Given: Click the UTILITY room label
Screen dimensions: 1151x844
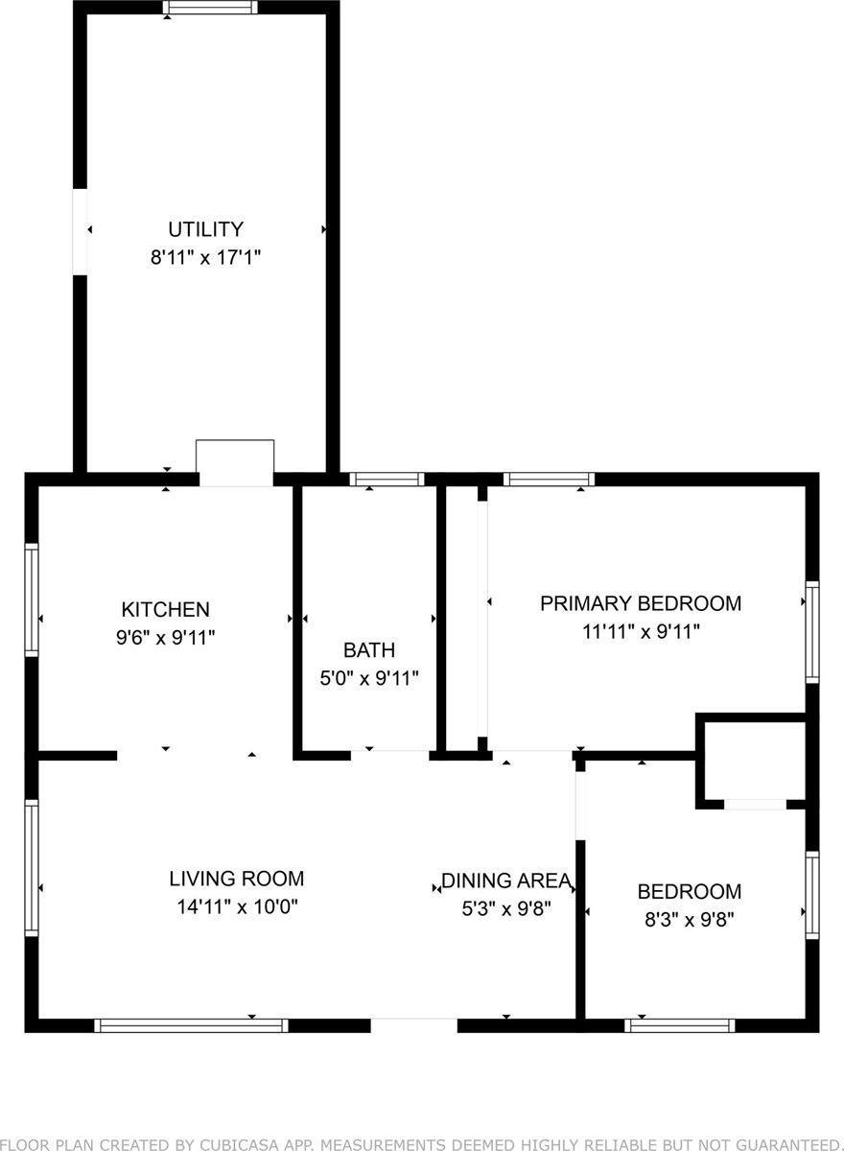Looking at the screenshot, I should (x=205, y=229).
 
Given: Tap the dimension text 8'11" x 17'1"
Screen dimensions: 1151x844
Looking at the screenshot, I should (x=205, y=257).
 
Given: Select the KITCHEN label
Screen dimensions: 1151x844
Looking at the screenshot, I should (x=165, y=609).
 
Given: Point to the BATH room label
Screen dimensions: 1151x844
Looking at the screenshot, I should (x=369, y=650).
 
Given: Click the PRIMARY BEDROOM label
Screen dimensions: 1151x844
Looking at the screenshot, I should (x=640, y=603).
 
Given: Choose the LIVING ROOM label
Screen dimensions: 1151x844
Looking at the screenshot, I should (x=236, y=878).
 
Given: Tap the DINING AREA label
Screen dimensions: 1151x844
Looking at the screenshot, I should (x=506, y=881).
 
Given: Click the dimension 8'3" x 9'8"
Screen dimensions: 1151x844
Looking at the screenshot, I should (x=689, y=918).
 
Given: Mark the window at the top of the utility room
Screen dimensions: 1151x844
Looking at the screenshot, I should (x=210, y=8).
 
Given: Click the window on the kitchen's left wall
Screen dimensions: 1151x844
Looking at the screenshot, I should (x=32, y=599).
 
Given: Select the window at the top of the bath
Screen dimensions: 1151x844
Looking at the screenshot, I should (x=387, y=479).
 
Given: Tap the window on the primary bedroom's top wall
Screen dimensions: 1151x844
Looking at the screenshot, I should (x=549, y=479).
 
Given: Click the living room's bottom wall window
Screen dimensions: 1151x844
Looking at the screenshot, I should (x=192, y=1024).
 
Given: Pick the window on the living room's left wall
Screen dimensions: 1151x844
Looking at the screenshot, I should (x=32, y=868).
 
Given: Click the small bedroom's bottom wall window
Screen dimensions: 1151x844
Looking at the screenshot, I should (x=680, y=1024).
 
